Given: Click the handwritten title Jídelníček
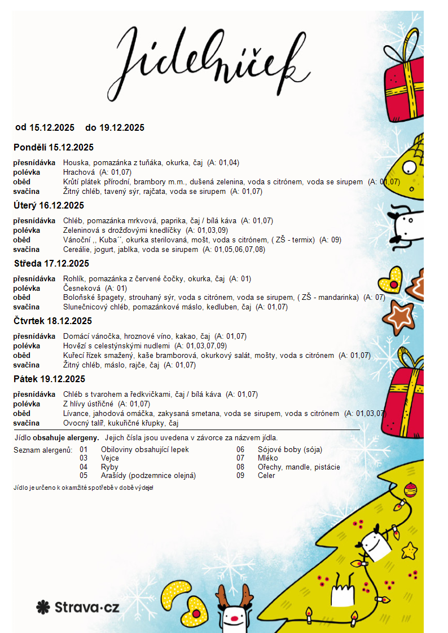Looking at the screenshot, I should click(x=214, y=56).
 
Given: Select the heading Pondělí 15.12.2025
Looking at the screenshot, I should click(x=54, y=148).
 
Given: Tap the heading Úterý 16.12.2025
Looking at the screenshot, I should click(x=49, y=205).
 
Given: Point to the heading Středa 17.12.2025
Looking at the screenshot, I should click(x=51, y=263).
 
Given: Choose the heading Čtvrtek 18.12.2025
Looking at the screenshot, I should click(x=52, y=321).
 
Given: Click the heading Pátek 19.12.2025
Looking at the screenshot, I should click(x=49, y=379).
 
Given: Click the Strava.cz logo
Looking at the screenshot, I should click(x=78, y=607).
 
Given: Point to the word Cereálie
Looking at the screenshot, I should click(x=77, y=249).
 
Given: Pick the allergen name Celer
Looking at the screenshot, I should click(x=266, y=475).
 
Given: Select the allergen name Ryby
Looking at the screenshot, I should click(x=109, y=467).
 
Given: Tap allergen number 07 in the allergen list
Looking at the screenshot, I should click(x=240, y=458).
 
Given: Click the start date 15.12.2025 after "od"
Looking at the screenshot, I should click(x=52, y=127).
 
